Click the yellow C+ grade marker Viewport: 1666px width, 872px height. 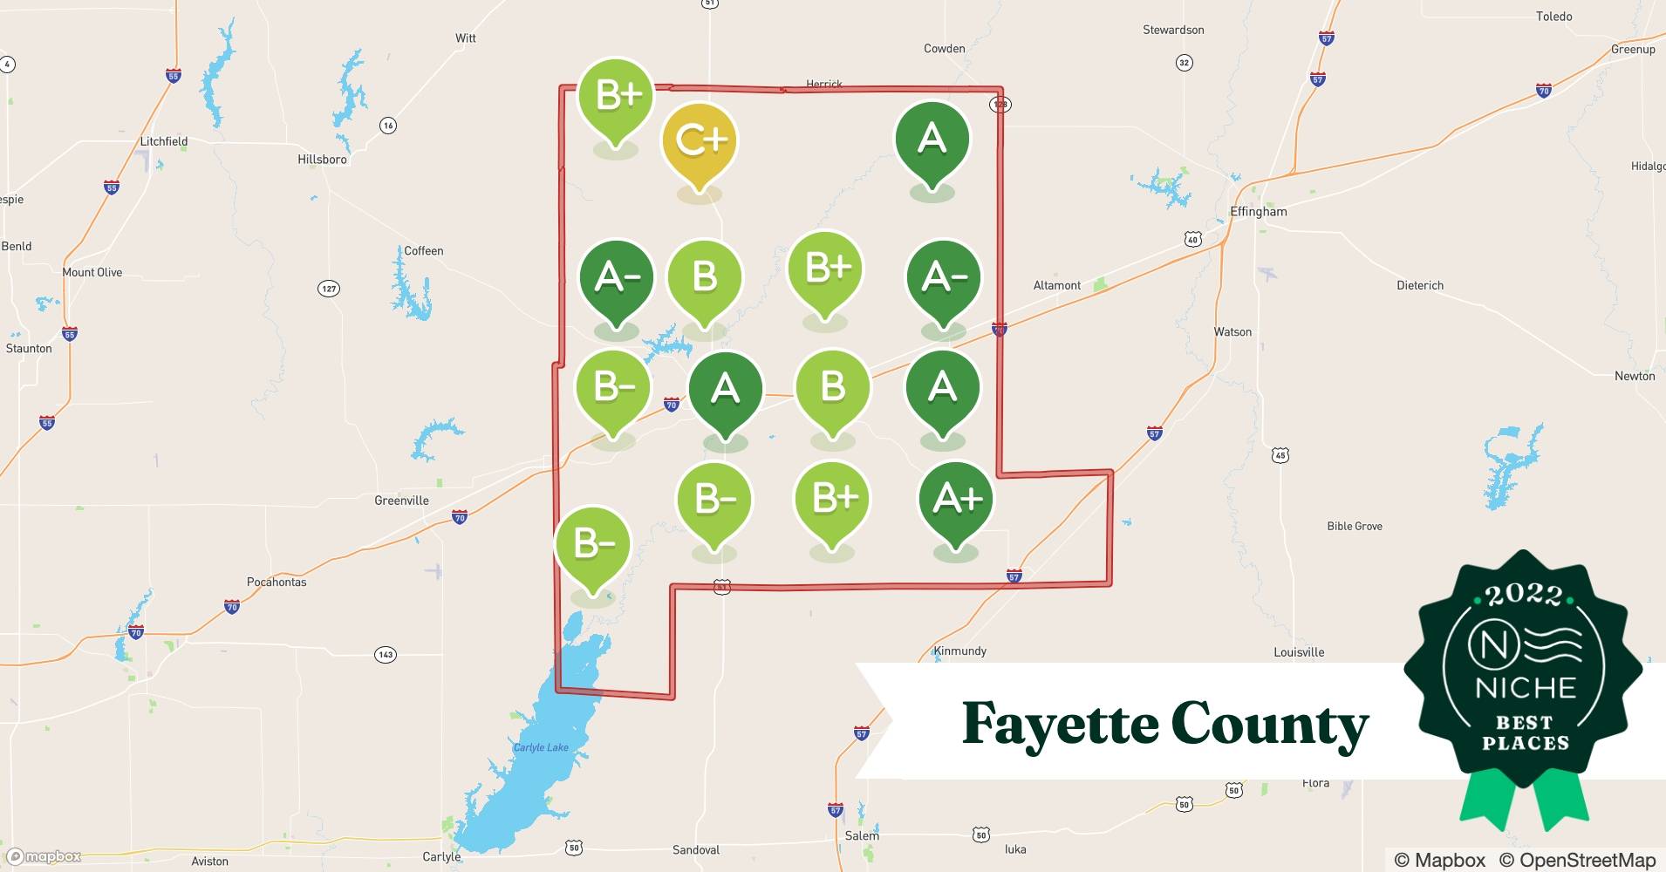pyautogui.click(x=700, y=141)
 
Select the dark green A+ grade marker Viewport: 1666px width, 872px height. pyautogui.click(x=957, y=500)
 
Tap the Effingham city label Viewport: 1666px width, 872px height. pyautogui.click(x=1258, y=212)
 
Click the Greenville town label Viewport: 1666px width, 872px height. pyautogui.click(x=401, y=501)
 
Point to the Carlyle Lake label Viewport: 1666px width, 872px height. pyautogui.click(x=541, y=747)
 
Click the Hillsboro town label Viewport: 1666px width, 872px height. pyautogui.click(x=322, y=160)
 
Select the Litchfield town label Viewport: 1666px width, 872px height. pyautogui.click(x=164, y=141)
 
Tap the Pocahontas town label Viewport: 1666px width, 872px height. pyautogui.click(x=277, y=582)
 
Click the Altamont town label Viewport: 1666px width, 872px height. pyautogui.click(x=1056, y=285)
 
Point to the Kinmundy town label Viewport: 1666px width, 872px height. pyautogui.click(x=960, y=651)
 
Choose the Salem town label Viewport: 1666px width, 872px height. pyautogui.click(x=862, y=835)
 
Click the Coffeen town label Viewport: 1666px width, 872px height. pyautogui.click(x=424, y=251)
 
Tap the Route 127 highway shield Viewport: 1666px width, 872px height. pyautogui.click(x=329, y=289)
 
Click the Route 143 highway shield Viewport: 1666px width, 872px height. pyautogui.click(x=386, y=654)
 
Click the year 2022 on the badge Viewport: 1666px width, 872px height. pyautogui.click(x=1523, y=595)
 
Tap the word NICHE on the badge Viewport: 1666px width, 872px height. pyautogui.click(x=1526, y=689)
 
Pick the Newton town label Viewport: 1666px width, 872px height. pyautogui.click(x=1635, y=376)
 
